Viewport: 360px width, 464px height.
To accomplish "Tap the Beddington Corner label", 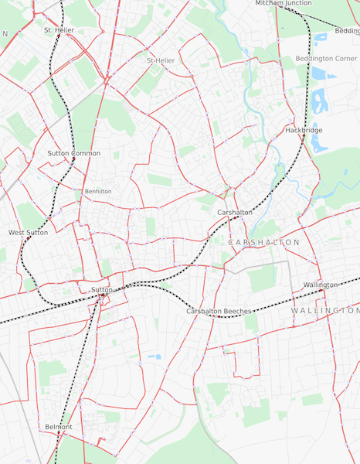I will [x=324, y=58].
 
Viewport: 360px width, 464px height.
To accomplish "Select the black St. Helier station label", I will [x=59, y=30].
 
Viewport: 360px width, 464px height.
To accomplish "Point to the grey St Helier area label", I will [x=161, y=60].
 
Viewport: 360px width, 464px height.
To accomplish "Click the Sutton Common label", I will [x=73, y=153].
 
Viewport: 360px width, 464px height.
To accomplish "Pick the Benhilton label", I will [x=98, y=191].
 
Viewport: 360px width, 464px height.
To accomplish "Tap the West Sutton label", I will [x=28, y=232].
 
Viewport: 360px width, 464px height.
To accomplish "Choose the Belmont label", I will [x=58, y=426].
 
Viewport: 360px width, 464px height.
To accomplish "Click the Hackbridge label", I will [x=304, y=130].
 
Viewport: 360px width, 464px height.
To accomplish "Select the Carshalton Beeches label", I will [x=219, y=311].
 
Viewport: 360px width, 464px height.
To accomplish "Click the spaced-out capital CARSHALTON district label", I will [x=264, y=242].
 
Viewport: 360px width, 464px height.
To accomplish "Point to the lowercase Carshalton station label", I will [x=235, y=212].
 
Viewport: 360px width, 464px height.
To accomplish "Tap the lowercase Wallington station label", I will [x=321, y=285].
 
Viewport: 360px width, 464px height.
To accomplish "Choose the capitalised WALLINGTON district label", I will [x=324, y=310].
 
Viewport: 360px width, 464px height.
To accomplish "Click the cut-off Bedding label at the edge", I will [x=347, y=31].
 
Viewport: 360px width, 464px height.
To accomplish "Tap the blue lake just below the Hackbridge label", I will [x=318, y=145].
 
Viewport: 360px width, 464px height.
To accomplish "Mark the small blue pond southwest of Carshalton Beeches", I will [x=155, y=357].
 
